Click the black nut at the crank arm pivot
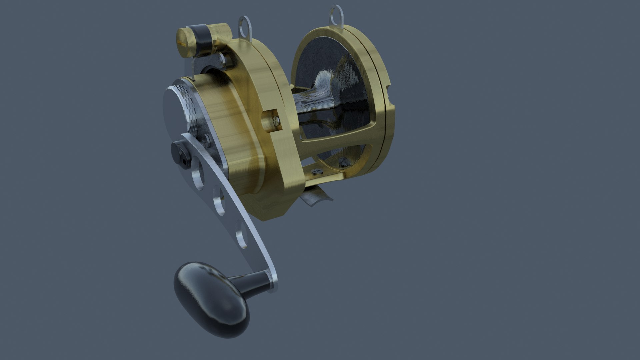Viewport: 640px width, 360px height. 180,152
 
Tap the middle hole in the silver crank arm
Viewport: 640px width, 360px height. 219,201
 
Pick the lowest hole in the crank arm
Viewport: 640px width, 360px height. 241,236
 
